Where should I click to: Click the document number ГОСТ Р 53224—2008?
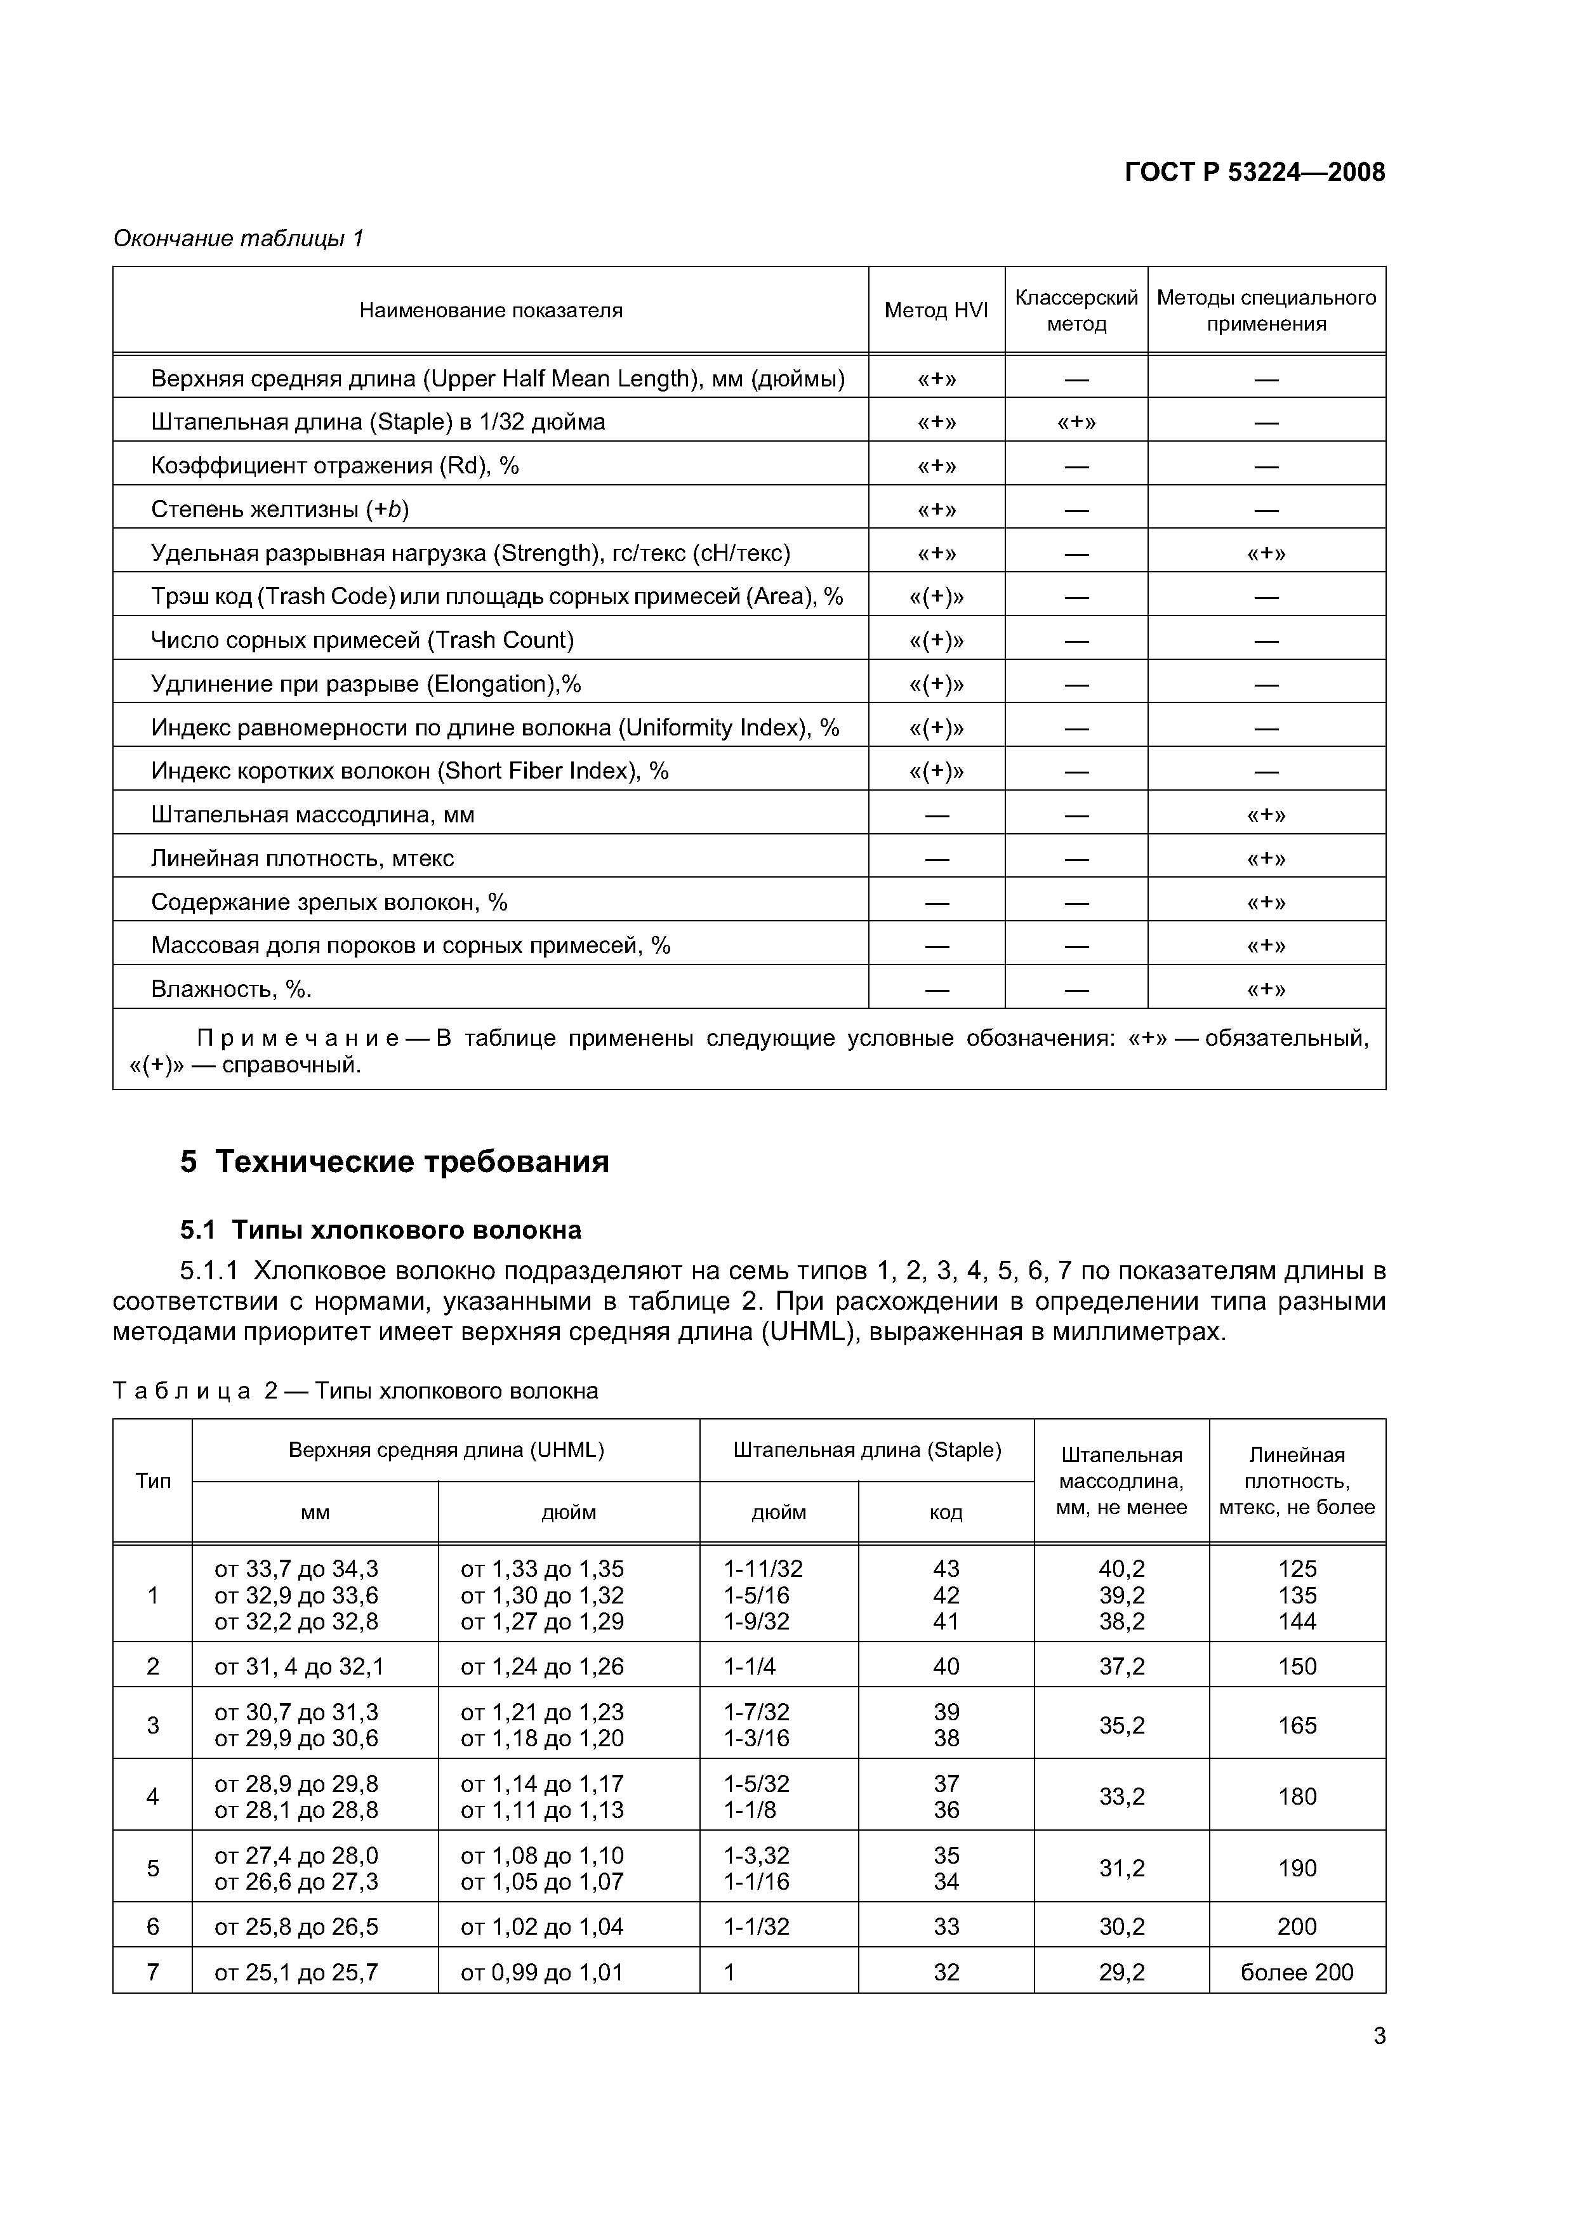(x=1254, y=173)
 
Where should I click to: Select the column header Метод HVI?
(x=936, y=310)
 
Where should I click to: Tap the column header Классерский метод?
(x=1076, y=310)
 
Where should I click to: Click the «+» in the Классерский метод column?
(x=1076, y=423)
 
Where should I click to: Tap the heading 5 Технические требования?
(x=395, y=1161)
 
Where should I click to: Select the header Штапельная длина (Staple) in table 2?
(x=867, y=1451)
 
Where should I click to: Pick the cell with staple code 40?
(x=946, y=1666)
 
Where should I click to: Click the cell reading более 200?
(x=1297, y=1972)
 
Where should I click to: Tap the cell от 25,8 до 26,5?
(x=296, y=1926)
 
